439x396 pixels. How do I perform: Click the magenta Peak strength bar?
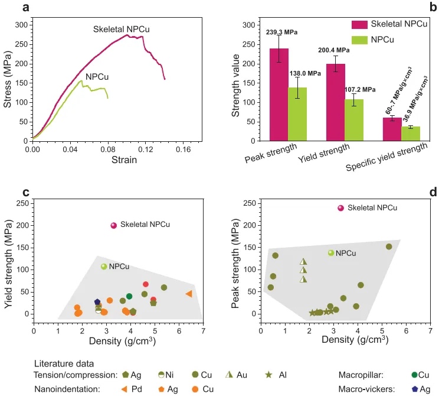click(279, 95)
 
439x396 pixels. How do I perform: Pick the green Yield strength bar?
click(354, 120)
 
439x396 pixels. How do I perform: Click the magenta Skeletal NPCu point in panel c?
click(114, 225)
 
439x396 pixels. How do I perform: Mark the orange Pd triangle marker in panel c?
click(189, 294)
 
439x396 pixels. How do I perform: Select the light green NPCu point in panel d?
click(331, 253)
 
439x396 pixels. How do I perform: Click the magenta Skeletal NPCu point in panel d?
click(340, 208)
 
